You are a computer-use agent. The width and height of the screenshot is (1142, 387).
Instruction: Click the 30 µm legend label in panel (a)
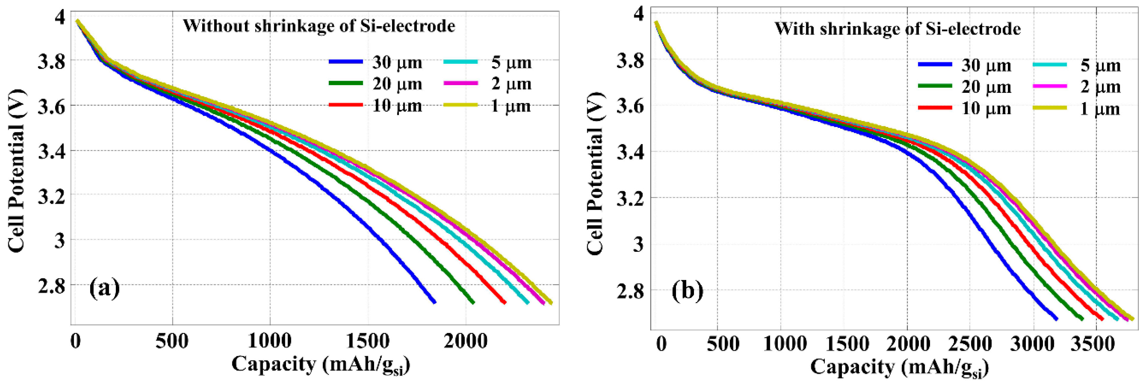coord(397,62)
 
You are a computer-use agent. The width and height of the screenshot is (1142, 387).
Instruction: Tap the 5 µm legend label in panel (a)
coord(511,62)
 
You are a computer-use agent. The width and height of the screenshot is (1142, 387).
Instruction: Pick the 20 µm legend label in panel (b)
coord(986,87)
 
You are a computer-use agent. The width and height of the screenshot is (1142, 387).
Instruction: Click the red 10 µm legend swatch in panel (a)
coord(346,105)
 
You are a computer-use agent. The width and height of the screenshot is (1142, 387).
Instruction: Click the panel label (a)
coord(105,288)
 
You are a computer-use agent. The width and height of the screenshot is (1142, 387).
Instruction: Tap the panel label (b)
coord(687,291)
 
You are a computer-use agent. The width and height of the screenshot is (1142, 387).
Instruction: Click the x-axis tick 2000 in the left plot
coord(465,341)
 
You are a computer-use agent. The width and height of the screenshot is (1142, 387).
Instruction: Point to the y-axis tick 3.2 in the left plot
coord(51,196)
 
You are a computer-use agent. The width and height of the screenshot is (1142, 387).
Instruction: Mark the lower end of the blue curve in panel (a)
coord(435,302)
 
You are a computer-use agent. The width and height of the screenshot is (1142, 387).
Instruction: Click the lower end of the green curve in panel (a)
coord(473,303)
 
